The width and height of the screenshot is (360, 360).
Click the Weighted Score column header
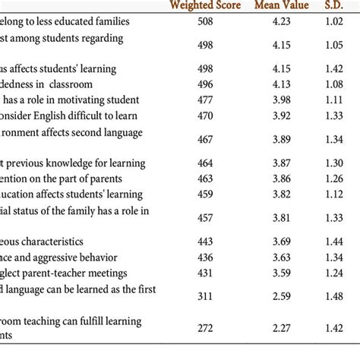(204, 5)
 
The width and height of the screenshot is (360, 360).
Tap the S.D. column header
(335, 5)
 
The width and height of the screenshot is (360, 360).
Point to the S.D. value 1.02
(335, 22)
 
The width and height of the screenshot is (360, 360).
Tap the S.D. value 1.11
(335, 100)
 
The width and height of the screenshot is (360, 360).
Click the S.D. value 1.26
(335, 178)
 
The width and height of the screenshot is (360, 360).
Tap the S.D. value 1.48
(335, 295)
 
